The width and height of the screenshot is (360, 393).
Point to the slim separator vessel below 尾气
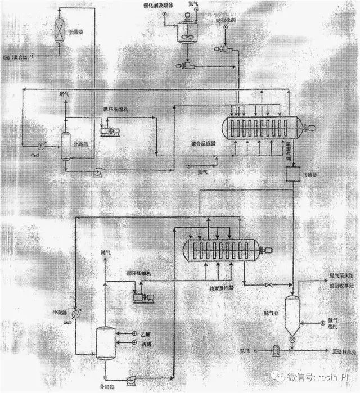coord(65,146)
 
